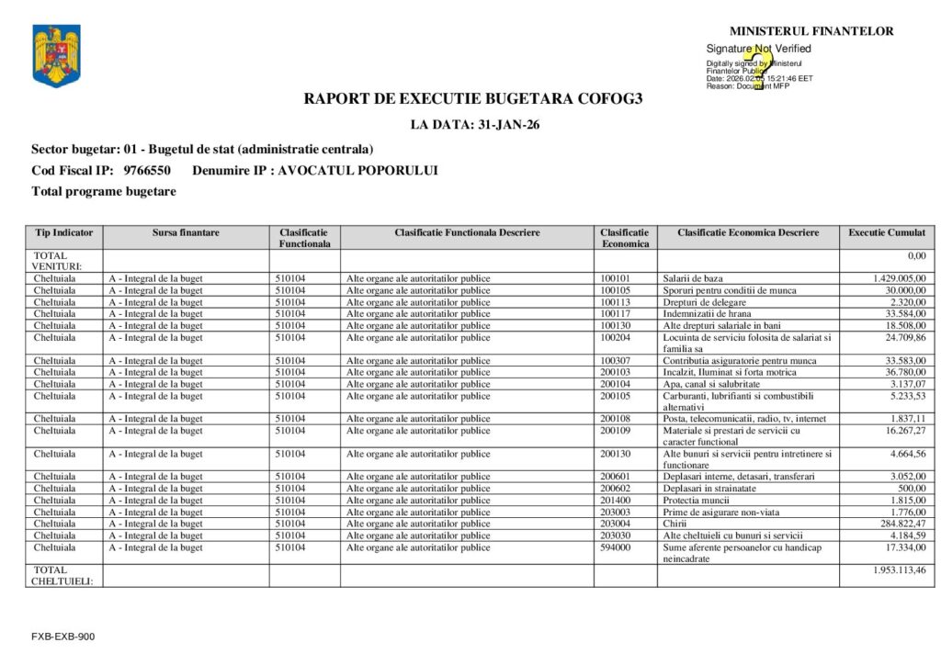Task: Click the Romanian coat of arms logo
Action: (x=56, y=56)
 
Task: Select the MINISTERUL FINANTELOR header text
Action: (x=811, y=31)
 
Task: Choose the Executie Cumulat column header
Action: (x=886, y=232)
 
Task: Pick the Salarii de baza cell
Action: (x=692, y=278)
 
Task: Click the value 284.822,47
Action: (x=901, y=524)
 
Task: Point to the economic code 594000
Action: (x=616, y=547)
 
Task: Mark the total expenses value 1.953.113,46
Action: (x=899, y=570)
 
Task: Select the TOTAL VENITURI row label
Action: (x=58, y=261)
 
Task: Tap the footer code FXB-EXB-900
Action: (x=62, y=637)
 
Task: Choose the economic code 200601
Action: (x=616, y=477)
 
